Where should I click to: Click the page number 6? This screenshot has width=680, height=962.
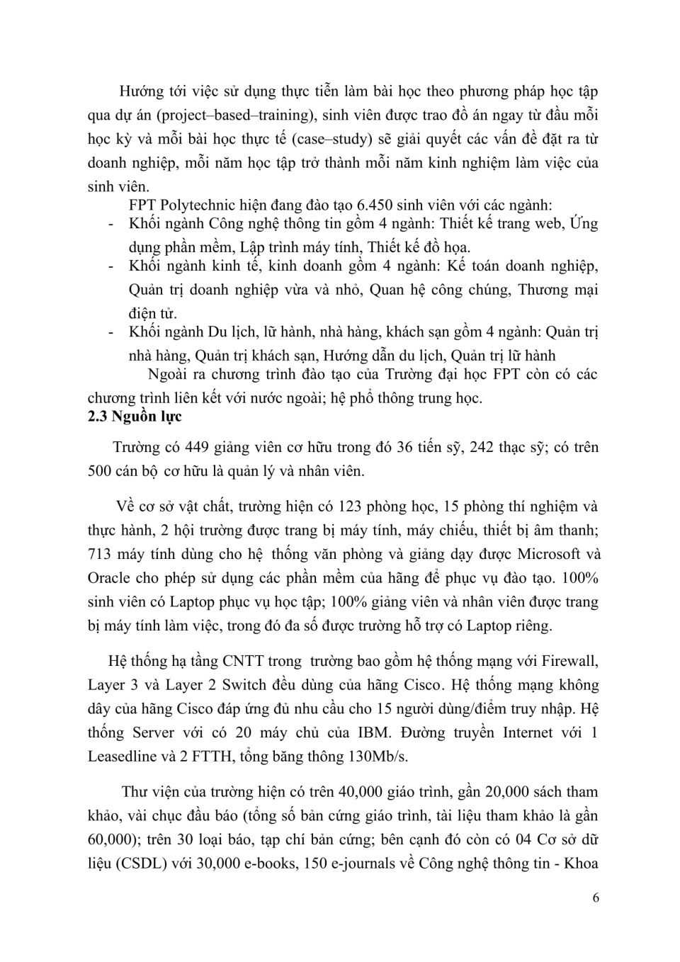click(x=595, y=898)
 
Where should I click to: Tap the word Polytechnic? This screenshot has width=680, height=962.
click(x=200, y=205)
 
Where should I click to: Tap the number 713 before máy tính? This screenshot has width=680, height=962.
click(x=101, y=554)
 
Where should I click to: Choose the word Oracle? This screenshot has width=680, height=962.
click(x=109, y=578)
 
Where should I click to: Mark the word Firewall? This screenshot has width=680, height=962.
click(x=569, y=662)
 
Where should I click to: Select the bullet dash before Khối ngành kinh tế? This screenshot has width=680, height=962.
click(x=110, y=266)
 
